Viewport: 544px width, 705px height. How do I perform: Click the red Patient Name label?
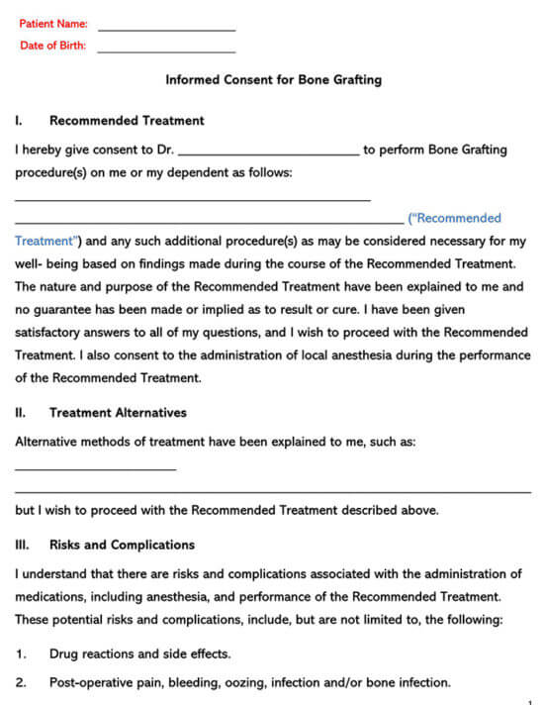click(53, 23)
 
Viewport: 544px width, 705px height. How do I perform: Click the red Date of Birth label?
click(52, 46)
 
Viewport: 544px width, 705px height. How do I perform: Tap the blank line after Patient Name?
click(166, 30)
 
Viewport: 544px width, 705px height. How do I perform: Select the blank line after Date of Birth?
click(166, 51)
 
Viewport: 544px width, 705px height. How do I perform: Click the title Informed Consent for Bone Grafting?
click(273, 80)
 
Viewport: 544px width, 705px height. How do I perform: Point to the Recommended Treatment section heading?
click(127, 121)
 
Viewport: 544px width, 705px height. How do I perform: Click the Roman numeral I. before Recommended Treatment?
click(19, 121)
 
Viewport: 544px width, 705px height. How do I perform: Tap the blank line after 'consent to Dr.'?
click(268, 154)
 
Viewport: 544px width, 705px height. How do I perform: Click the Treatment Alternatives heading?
click(118, 413)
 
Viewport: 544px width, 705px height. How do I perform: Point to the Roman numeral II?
click(21, 413)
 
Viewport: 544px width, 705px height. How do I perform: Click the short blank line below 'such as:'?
click(95, 469)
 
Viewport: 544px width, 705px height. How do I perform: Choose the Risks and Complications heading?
click(122, 545)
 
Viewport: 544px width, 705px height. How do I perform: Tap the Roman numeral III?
click(22, 545)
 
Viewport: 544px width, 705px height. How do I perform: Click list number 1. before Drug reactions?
click(21, 654)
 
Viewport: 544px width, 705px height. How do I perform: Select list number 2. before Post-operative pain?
click(21, 682)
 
